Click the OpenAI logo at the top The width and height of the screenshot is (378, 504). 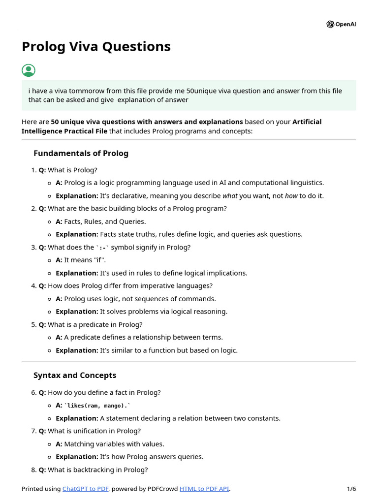coord(341,24)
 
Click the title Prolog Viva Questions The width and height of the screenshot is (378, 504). coord(96,46)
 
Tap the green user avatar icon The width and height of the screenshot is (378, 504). coord(29,70)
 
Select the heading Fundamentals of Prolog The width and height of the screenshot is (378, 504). coord(81,153)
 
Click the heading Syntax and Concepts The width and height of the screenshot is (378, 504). coord(75,375)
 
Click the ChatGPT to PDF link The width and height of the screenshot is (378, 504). coord(86,489)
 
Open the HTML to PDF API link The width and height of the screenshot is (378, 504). coord(204,489)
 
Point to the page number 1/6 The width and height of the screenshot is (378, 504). coord(351,489)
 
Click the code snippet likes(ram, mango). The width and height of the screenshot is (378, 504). coord(97,406)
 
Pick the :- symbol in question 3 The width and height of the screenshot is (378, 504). coord(102,248)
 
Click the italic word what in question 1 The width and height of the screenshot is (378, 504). coord(230,195)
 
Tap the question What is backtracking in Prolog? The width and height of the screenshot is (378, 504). coord(97,470)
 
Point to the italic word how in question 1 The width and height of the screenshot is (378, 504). coord(291,195)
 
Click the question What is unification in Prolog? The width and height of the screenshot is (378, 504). coord(94,431)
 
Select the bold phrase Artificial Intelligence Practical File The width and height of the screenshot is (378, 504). coord(171,126)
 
